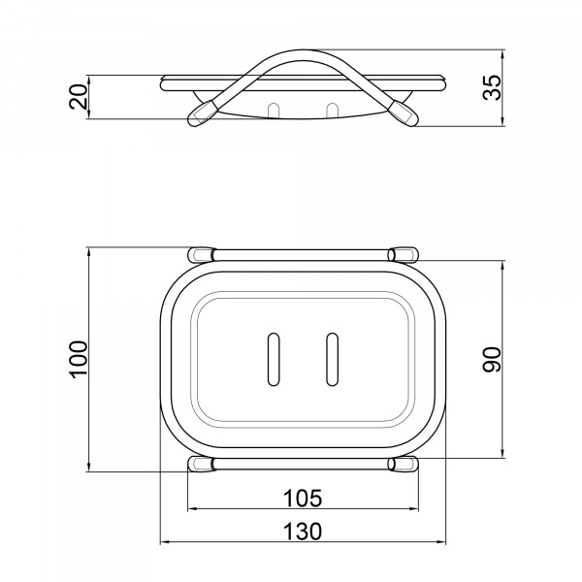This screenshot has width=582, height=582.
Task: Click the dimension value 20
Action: (x=79, y=97)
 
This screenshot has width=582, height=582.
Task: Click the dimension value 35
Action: (x=492, y=87)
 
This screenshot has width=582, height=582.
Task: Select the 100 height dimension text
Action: (x=79, y=359)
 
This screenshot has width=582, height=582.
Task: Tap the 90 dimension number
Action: (x=492, y=359)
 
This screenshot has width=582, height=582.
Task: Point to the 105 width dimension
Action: (x=303, y=499)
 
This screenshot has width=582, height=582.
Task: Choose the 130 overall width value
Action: (x=303, y=532)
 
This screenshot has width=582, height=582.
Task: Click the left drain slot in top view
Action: (x=274, y=359)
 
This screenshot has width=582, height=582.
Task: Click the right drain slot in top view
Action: (x=332, y=359)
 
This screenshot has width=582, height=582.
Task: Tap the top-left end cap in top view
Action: (x=202, y=254)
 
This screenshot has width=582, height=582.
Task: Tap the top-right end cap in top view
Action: (x=404, y=254)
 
